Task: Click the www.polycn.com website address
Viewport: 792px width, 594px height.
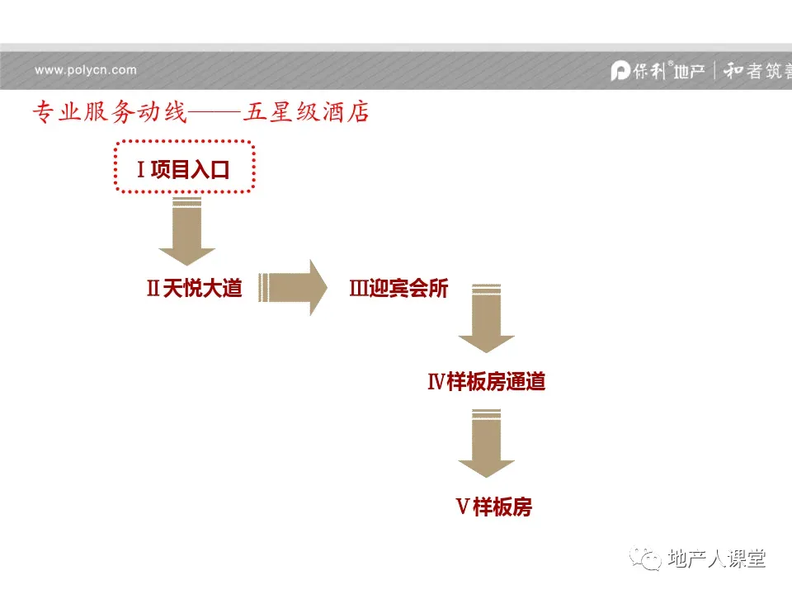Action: (x=86, y=70)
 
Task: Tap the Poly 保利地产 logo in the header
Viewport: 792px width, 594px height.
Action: (x=658, y=71)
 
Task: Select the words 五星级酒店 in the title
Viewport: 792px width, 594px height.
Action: (x=306, y=112)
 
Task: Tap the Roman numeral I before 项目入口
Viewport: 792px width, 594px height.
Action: (x=141, y=171)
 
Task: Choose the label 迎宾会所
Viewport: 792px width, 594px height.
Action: (x=409, y=289)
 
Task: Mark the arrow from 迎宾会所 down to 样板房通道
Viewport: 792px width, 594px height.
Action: (x=487, y=318)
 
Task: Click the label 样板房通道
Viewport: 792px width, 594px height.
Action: (x=496, y=382)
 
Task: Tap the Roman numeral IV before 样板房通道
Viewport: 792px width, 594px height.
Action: (x=436, y=382)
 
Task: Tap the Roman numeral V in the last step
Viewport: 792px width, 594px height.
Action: (x=463, y=507)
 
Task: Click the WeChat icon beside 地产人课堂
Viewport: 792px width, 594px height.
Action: (x=646, y=560)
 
